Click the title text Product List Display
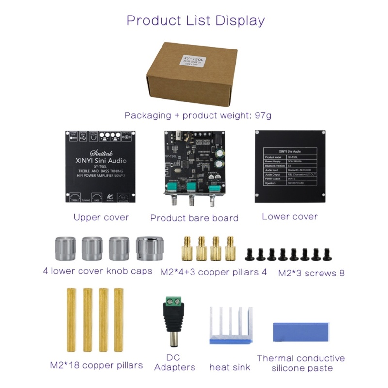coord(195,21)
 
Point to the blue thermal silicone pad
coord(300,334)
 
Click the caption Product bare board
coord(194,218)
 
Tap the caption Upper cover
coord(101,217)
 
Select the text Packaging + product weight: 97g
coord(197,115)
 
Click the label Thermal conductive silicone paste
coord(301,363)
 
